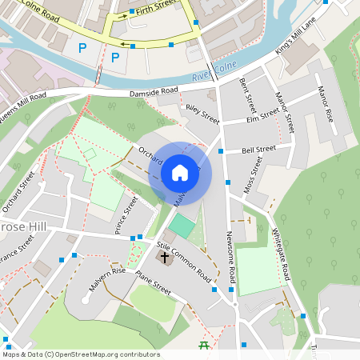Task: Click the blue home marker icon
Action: point(180,173)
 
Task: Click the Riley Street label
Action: point(201,114)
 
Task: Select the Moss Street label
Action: point(254,175)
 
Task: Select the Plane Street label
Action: point(153,283)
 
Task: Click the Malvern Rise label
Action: point(107,281)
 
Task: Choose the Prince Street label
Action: point(126,215)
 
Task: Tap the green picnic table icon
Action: point(203,345)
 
